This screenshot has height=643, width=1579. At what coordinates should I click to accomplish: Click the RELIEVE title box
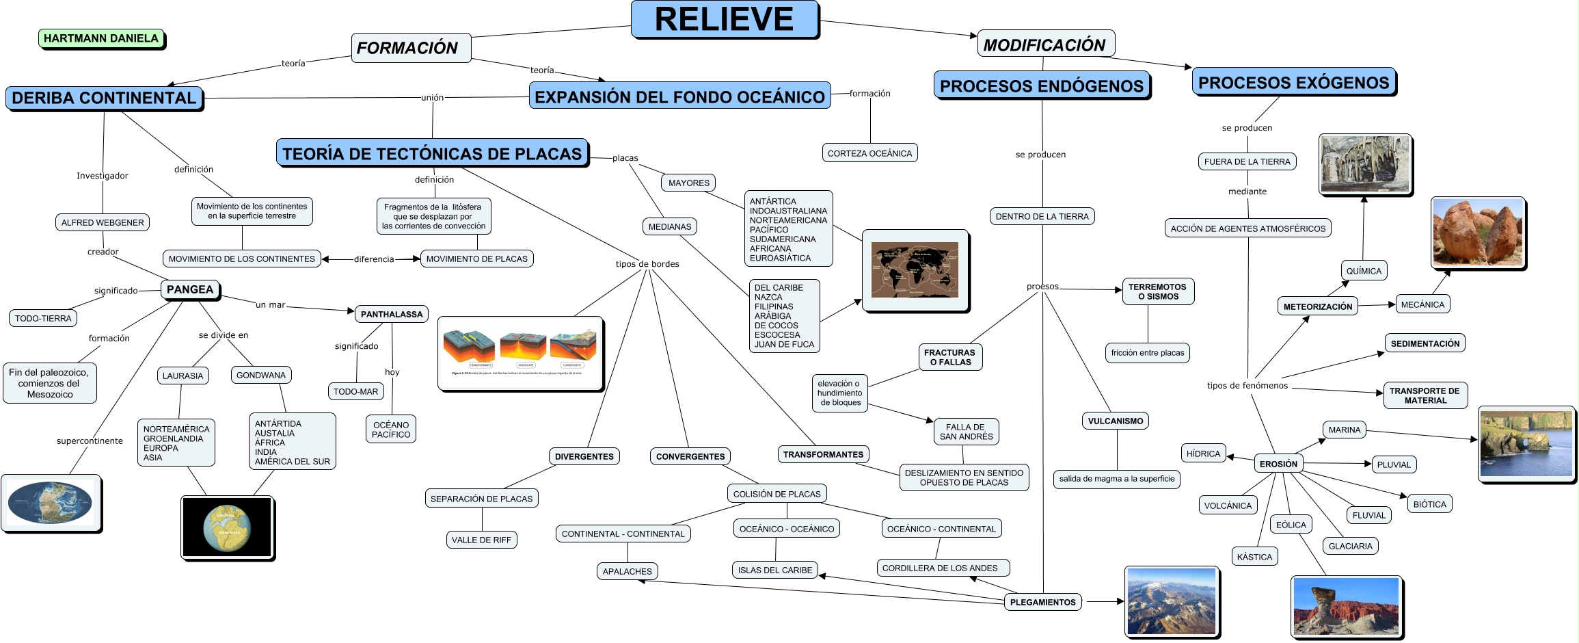tap(725, 19)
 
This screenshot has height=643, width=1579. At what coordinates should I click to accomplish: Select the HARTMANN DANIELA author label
tap(101, 38)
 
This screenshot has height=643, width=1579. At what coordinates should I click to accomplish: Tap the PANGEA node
tap(190, 289)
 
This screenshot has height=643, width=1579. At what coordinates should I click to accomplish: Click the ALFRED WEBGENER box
tap(103, 222)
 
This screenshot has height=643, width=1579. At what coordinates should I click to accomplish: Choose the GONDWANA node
tap(261, 375)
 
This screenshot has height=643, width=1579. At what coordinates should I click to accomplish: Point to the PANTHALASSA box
tap(392, 314)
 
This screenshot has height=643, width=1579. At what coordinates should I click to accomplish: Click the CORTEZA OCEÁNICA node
tap(869, 153)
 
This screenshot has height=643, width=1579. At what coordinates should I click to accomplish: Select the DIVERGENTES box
tap(584, 456)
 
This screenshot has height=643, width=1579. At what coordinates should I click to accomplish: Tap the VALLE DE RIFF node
tap(481, 540)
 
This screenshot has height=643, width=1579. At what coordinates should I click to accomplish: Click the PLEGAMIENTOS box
tap(1042, 602)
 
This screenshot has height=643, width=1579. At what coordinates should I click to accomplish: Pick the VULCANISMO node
tap(1115, 421)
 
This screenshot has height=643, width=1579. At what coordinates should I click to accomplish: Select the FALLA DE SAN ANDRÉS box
tap(966, 432)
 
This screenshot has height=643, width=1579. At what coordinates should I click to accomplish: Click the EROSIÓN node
tap(1278, 464)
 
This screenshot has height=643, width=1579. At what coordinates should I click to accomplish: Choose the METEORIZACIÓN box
tap(1317, 306)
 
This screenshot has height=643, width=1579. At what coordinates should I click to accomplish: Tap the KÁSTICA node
tap(1254, 557)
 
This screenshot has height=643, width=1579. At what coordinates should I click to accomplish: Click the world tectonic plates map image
tap(915, 270)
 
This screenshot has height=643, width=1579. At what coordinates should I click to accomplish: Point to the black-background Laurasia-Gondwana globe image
tap(228, 527)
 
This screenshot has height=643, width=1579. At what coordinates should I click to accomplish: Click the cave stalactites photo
tap(1365, 164)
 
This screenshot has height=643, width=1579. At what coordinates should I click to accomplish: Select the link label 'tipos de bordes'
tap(647, 264)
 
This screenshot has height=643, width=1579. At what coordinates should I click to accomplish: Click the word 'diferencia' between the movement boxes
tap(374, 259)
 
